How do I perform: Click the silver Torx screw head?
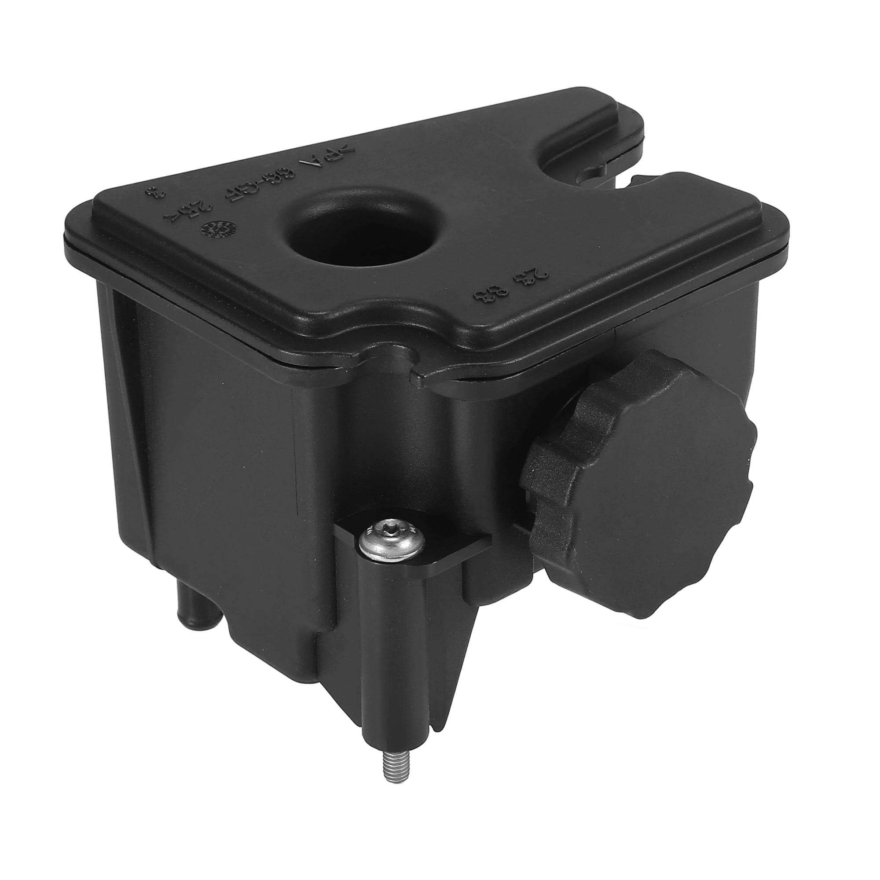click(391, 542)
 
